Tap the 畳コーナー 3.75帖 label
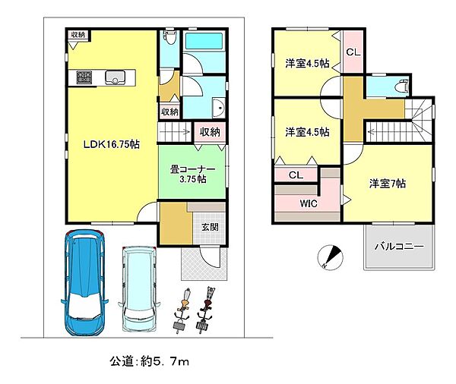[x=192, y=175]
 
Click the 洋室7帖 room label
[x=388, y=184]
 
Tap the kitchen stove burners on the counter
[x=83, y=77]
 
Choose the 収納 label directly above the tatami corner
[x=210, y=132]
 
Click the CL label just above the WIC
[x=296, y=176]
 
